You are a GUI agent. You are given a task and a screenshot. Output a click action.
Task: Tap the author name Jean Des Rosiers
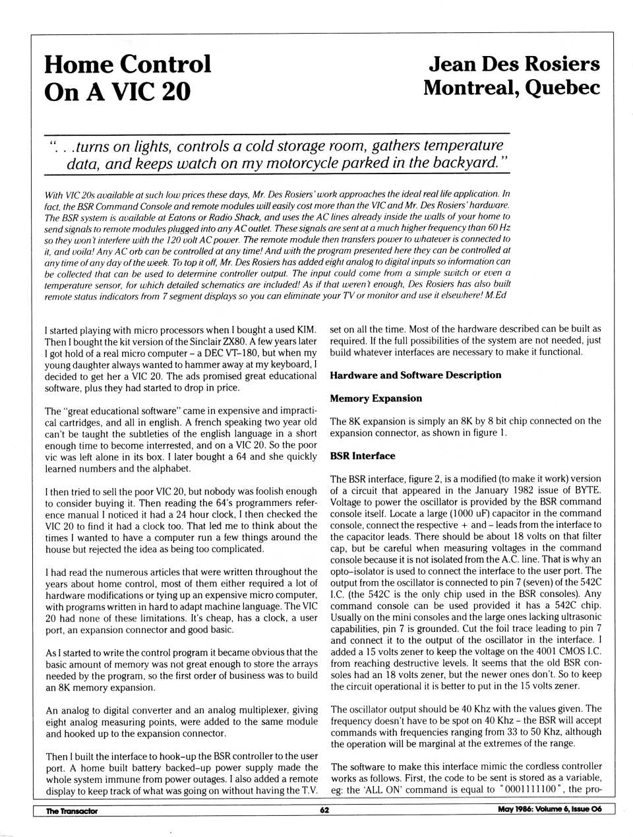[x=514, y=64]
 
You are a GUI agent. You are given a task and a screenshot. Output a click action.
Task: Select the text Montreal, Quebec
[x=512, y=87]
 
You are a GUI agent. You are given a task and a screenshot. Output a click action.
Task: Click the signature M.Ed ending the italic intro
[x=496, y=295]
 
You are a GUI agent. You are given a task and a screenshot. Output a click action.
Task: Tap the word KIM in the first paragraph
[x=307, y=330]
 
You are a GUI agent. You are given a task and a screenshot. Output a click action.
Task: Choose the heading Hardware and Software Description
[x=415, y=375]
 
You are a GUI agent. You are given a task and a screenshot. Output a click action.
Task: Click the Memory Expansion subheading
[x=376, y=398]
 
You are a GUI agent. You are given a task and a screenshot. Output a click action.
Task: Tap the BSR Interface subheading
[x=363, y=456]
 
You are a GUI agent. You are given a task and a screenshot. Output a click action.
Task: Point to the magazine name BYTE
[x=588, y=490]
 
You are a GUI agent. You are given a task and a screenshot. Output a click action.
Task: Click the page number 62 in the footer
[x=324, y=811]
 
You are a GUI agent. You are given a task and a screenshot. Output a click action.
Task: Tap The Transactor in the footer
[x=71, y=811]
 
